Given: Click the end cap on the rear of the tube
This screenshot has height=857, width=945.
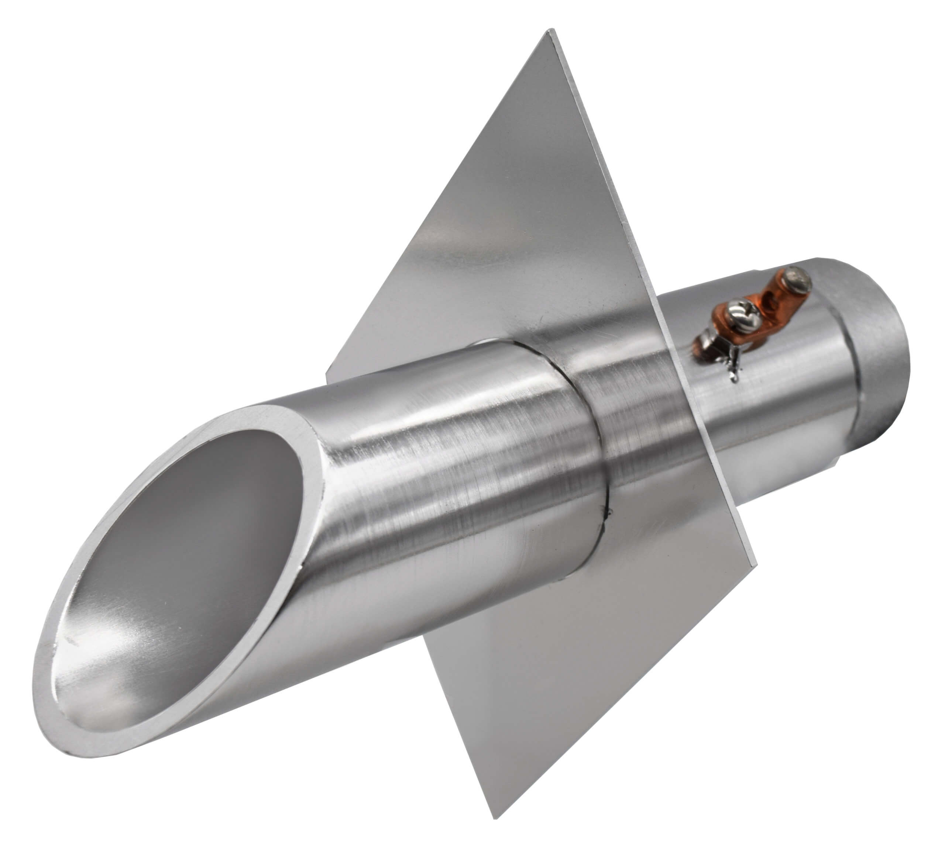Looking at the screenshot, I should point(877,356).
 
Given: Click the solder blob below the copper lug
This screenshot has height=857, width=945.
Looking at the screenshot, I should point(733,373).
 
